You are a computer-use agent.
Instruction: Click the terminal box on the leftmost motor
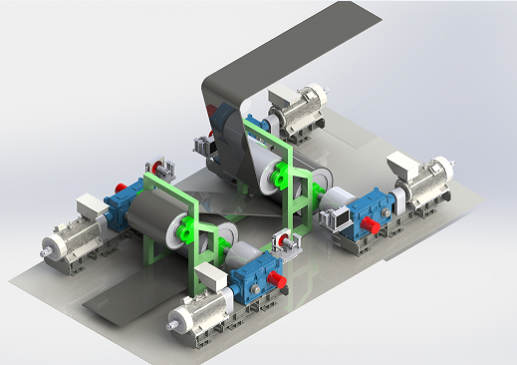pos(89,206)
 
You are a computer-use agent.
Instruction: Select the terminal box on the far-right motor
pos(405,163)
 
